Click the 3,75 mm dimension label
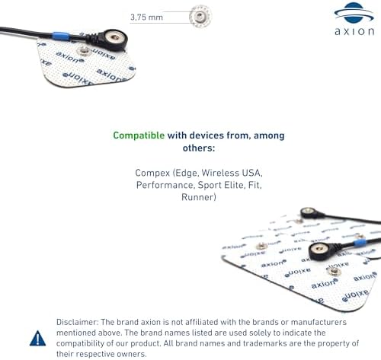[x=146, y=18]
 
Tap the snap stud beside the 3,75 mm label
[x=200, y=16]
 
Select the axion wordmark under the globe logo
[x=354, y=31]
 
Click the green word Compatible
[x=139, y=135]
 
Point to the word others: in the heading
[x=199, y=148]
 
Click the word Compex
[x=152, y=173]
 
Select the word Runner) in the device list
[x=199, y=197]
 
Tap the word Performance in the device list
[x=165, y=185]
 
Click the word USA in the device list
[x=252, y=173]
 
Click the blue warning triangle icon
[x=37, y=338]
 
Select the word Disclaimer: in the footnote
[x=77, y=322]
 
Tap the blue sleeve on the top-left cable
[x=61, y=37]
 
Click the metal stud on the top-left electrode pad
[x=83, y=51]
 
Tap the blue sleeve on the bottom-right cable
[x=360, y=243]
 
